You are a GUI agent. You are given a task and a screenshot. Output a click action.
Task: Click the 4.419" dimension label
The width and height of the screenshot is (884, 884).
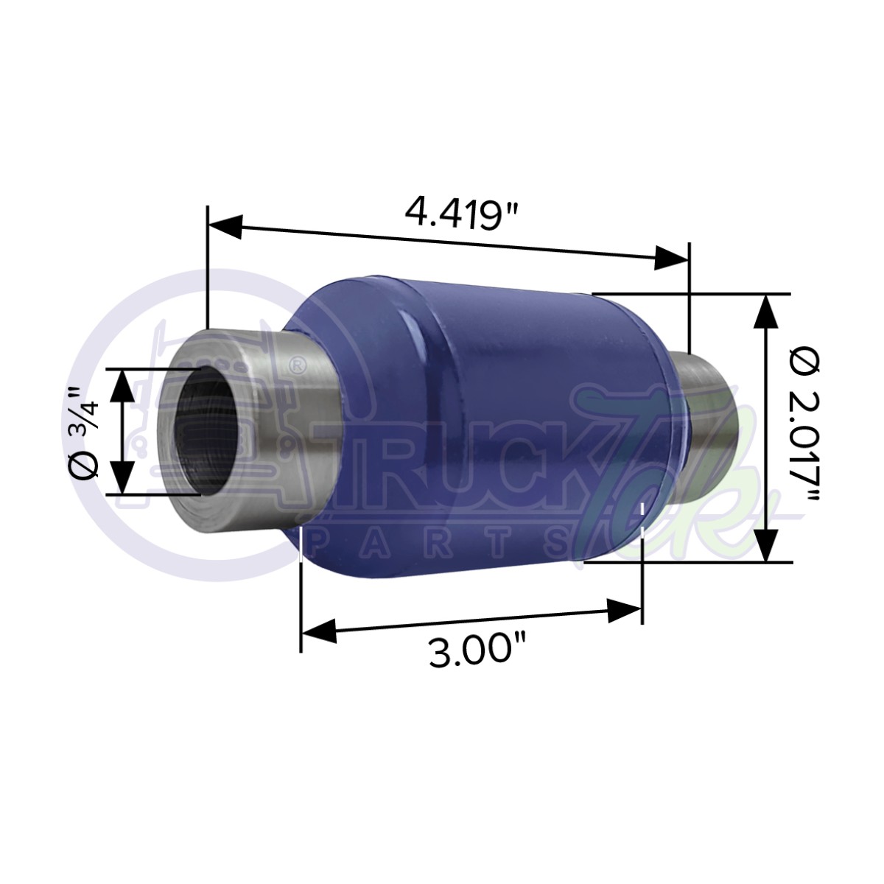(462, 213)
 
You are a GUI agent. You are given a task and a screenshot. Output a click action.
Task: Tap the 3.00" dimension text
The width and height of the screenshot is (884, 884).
(477, 650)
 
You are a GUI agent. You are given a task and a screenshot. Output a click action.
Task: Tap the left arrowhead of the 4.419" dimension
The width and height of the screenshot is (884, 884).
(225, 226)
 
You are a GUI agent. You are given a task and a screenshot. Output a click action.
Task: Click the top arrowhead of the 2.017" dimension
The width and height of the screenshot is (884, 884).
(767, 312)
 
